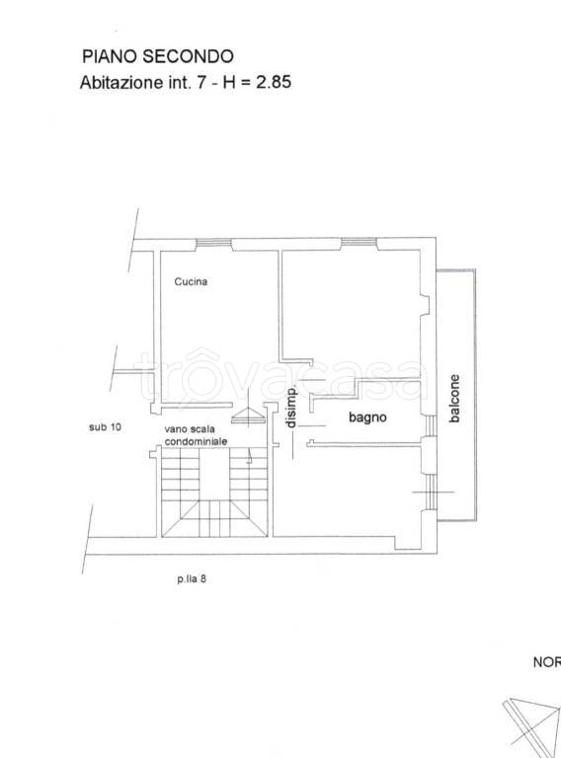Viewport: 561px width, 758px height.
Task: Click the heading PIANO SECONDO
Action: pyautogui.click(x=158, y=56)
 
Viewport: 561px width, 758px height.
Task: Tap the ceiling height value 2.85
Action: pyautogui.click(x=274, y=82)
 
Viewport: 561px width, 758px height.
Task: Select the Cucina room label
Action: pyautogui.click(x=191, y=281)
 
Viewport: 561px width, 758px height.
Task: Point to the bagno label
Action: pyautogui.click(x=367, y=417)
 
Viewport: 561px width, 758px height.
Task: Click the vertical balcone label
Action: pyautogui.click(x=454, y=399)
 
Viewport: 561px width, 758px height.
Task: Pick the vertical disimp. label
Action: pyautogui.click(x=290, y=408)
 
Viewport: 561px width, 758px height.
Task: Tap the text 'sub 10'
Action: pyautogui.click(x=105, y=427)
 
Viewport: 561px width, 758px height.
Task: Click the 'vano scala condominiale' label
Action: pyautogui.click(x=196, y=435)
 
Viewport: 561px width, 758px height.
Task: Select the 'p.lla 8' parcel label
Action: pyautogui.click(x=192, y=578)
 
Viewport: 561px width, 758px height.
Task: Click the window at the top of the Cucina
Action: pyautogui.click(x=213, y=244)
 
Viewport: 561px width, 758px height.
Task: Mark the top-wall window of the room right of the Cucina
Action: pyautogui.click(x=359, y=244)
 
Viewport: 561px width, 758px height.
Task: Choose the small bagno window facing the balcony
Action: pyautogui.click(x=429, y=426)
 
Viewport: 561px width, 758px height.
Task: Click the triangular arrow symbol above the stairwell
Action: pyautogui.click(x=249, y=416)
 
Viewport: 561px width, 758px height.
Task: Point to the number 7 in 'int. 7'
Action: pyautogui.click(x=200, y=82)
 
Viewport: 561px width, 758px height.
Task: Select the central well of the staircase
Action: pyautogui.click(x=214, y=474)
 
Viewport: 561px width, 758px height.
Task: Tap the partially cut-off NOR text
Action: pyautogui.click(x=547, y=662)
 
